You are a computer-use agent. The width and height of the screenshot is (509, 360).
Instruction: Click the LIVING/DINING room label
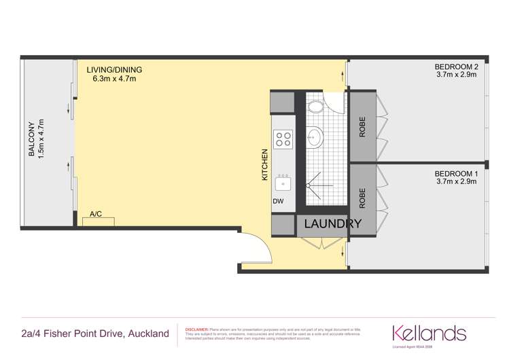[x=115, y=69]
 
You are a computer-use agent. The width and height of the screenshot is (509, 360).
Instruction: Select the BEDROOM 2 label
[x=457, y=67]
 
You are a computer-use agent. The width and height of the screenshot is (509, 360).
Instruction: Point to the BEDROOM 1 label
[x=457, y=174]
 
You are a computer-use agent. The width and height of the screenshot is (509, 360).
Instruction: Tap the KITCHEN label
[x=265, y=164]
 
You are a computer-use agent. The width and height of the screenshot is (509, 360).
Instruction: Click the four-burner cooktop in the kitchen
[x=283, y=140]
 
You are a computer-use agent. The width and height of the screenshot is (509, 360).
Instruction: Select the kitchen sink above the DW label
[x=283, y=183]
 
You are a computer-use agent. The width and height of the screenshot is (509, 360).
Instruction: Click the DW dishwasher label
[x=277, y=201]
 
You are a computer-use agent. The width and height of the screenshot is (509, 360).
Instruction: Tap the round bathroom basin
[x=316, y=139]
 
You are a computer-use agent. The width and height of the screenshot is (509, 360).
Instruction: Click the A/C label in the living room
[x=96, y=214]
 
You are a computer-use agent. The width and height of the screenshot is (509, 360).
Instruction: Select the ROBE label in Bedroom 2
[x=362, y=129]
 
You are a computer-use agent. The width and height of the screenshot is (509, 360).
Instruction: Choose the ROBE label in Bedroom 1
[x=362, y=197]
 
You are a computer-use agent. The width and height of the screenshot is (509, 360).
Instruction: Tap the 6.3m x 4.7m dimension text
[x=115, y=79]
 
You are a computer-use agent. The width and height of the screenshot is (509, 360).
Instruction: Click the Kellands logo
[x=429, y=334]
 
